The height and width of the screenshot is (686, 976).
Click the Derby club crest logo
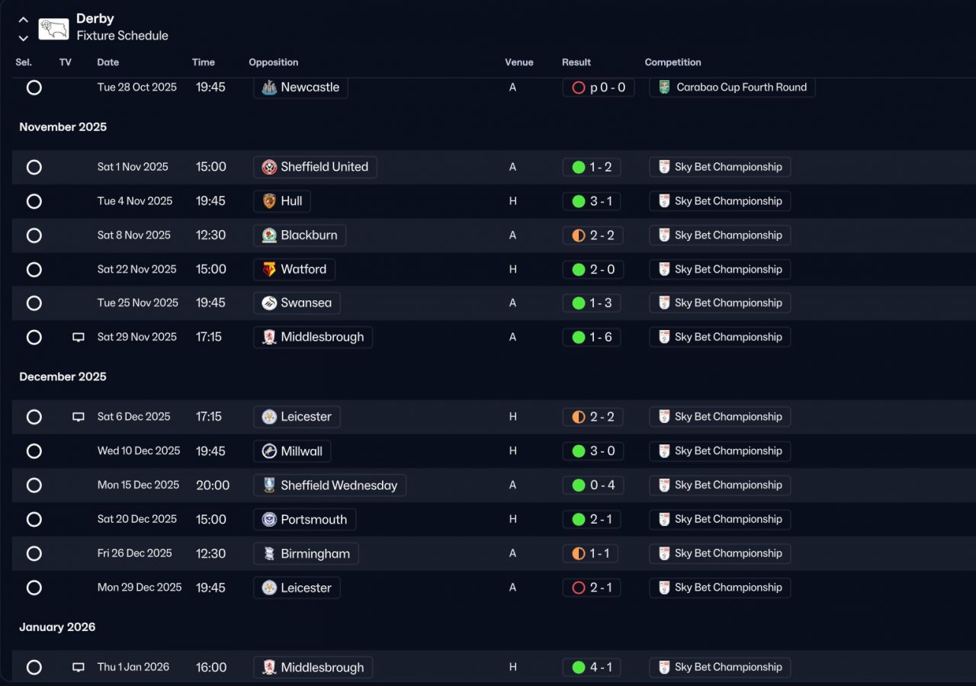53,29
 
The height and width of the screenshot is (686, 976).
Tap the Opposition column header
274,63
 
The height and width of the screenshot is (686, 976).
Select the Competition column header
673,63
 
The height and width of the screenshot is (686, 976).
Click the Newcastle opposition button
300,88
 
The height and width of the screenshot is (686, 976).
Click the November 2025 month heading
63,127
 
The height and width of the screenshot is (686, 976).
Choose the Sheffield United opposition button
315,167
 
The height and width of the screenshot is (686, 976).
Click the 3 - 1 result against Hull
592,201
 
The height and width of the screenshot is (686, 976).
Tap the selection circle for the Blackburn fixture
34,236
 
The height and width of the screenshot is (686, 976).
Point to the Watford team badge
269,270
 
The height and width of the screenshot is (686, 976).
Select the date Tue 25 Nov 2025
138,303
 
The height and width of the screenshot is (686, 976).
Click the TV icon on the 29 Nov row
79,337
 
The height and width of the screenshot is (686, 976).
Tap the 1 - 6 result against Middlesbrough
592,337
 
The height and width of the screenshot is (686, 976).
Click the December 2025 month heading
63,377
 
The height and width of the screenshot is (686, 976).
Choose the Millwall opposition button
292,451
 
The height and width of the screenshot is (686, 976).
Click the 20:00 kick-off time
213,486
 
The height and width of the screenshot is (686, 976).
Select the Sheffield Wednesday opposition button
330,486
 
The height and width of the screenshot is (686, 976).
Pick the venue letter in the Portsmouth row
513,519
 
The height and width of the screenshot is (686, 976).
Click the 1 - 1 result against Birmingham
591,553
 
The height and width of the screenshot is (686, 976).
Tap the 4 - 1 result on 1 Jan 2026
592,667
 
